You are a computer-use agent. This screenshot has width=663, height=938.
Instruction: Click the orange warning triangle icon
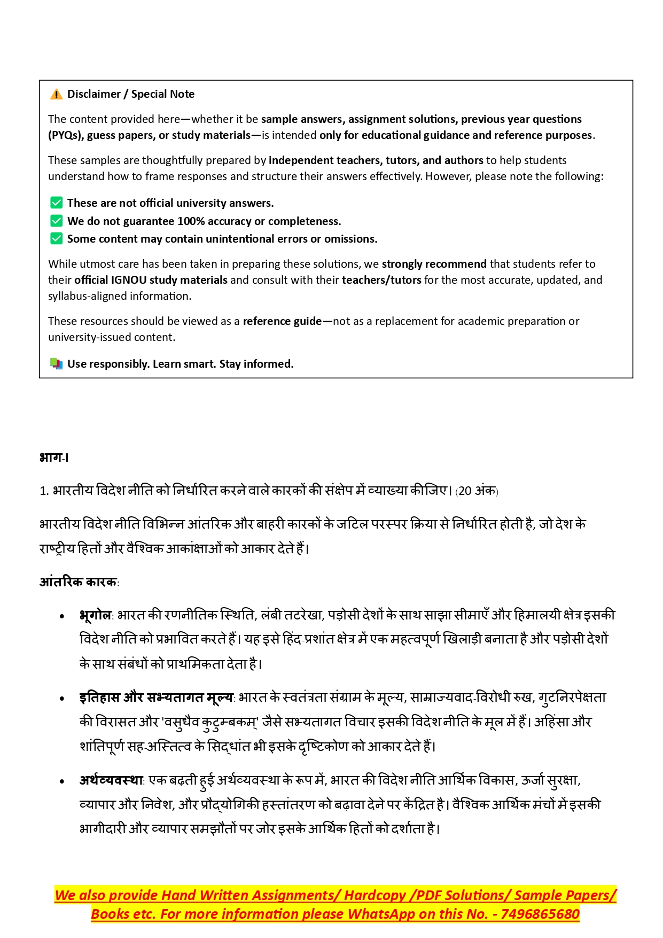[56, 95]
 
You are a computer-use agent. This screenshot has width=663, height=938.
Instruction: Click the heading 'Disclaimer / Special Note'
[131, 94]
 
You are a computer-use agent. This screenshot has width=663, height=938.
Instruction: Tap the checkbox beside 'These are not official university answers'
[56, 203]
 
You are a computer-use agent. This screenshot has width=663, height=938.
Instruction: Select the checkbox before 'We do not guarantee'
[56, 221]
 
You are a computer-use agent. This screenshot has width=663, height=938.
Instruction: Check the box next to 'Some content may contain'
[56, 238]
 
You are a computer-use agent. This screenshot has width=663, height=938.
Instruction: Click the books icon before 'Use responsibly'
[56, 363]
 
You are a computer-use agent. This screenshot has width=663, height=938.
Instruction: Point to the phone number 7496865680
[540, 914]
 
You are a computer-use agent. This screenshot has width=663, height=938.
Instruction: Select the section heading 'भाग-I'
[54, 458]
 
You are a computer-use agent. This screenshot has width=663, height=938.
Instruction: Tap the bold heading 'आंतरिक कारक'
[78, 582]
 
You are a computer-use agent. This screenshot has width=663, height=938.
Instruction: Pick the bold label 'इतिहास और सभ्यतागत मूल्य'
[156, 697]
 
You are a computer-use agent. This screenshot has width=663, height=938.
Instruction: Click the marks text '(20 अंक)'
[477, 491]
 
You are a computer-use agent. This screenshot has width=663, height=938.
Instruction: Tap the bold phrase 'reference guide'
[282, 321]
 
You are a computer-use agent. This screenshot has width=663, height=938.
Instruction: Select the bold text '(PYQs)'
[65, 135]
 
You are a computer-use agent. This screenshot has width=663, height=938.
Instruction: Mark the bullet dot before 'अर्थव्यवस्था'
[63, 781]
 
